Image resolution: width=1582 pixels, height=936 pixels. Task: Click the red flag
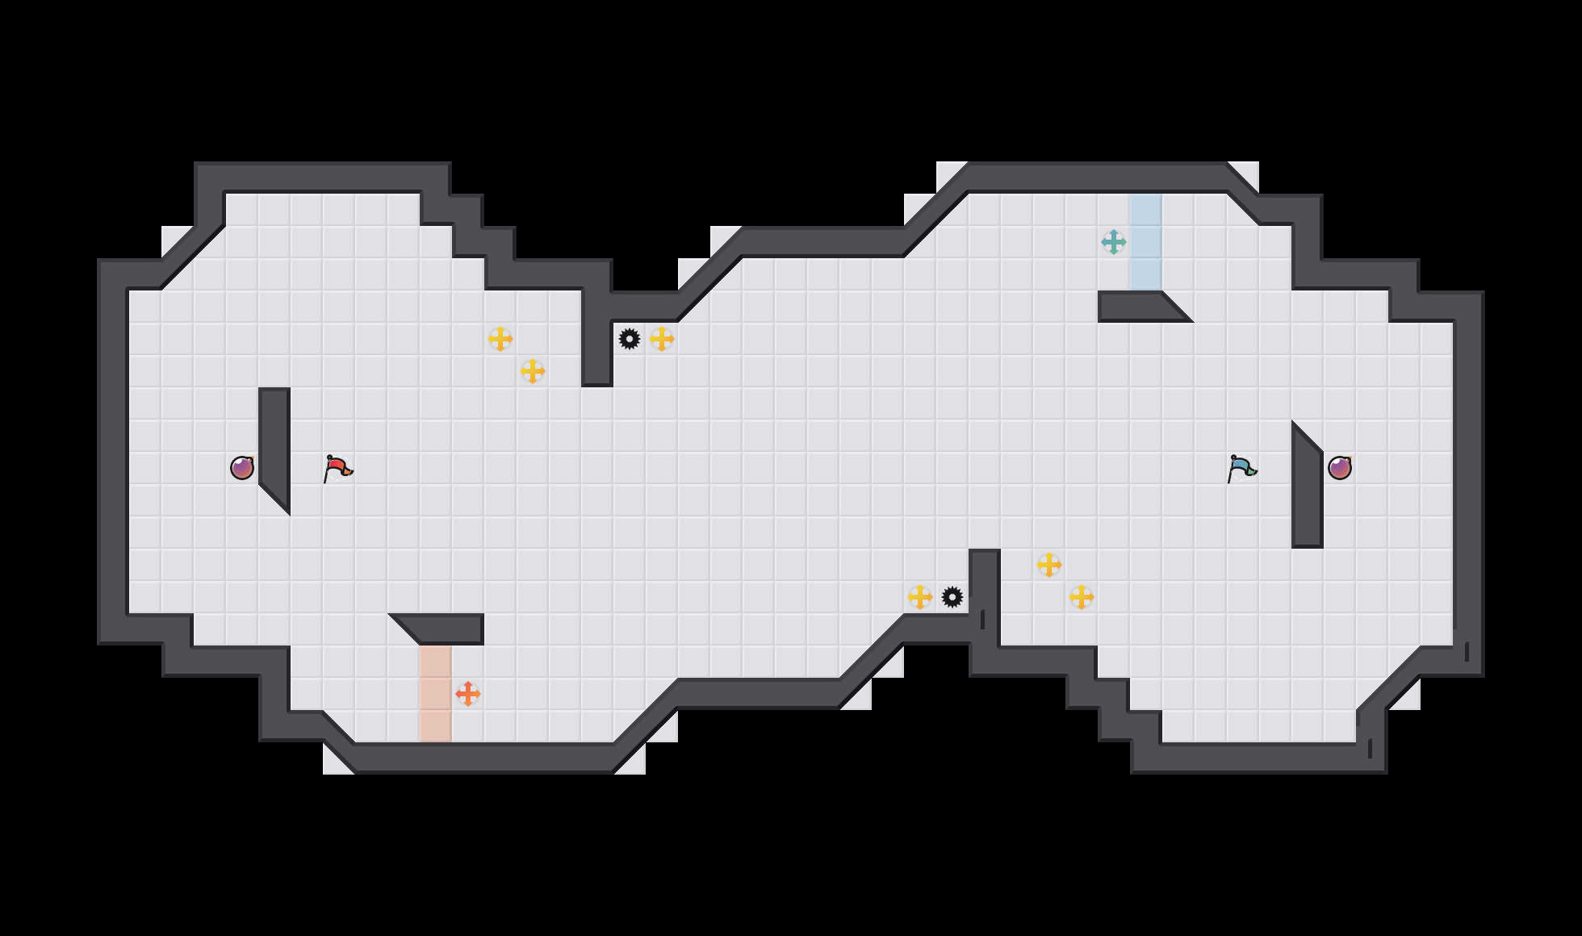337,468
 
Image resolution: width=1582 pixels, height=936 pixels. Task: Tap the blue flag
1241,468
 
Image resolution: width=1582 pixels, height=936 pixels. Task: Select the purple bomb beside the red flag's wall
242,468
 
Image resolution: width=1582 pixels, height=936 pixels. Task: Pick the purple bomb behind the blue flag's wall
1340,468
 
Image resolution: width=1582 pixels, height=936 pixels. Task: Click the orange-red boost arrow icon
468,694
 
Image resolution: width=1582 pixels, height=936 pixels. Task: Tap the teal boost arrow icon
1114,242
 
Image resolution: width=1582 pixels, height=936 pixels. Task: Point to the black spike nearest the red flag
630,339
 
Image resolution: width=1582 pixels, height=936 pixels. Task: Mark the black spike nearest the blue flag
952,597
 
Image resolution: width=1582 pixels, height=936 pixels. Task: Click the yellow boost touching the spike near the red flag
662,339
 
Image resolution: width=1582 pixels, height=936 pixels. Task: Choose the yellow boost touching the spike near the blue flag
920,597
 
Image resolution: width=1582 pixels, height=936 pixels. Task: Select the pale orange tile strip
436,694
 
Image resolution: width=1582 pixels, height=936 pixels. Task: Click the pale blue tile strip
1146,242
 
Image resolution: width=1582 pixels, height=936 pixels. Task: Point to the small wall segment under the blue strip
1138,306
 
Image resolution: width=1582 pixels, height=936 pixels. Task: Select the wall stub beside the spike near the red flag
597,347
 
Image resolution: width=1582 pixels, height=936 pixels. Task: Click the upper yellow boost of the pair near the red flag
500,339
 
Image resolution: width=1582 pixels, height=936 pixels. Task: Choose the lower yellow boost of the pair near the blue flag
1082,597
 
